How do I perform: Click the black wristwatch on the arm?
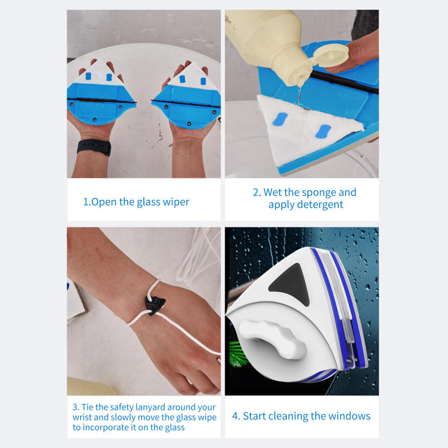click(94, 147)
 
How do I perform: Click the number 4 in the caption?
click(235, 416)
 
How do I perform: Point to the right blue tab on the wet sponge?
click(324, 132)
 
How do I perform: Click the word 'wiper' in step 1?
click(176, 202)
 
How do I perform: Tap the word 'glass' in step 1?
click(148, 202)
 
